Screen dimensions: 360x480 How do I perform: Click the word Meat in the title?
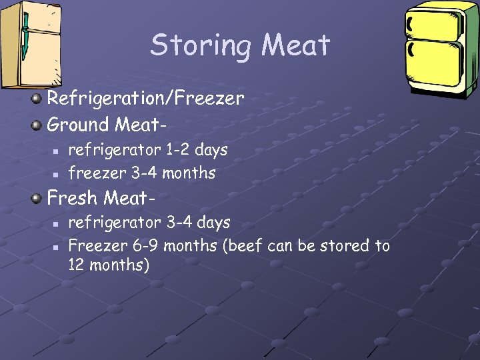click(295, 45)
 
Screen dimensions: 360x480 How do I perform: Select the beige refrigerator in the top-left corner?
click(30, 44)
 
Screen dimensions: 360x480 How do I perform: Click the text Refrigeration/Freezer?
click(145, 99)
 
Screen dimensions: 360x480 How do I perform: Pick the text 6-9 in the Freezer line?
click(146, 245)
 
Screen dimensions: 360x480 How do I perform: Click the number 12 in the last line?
click(77, 265)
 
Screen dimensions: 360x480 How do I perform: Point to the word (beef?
click(244, 245)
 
